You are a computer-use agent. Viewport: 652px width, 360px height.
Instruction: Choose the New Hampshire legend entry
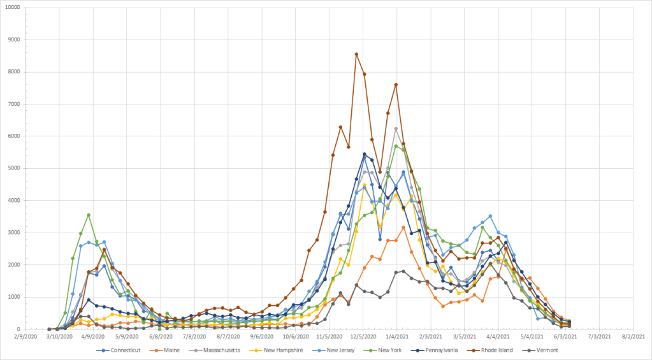tap(285, 350)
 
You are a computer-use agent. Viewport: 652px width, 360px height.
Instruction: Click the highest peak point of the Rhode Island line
tap(356, 54)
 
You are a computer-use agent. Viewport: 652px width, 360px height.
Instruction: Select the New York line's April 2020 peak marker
tap(89, 215)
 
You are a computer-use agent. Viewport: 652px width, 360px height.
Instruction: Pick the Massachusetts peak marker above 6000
tap(396, 129)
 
